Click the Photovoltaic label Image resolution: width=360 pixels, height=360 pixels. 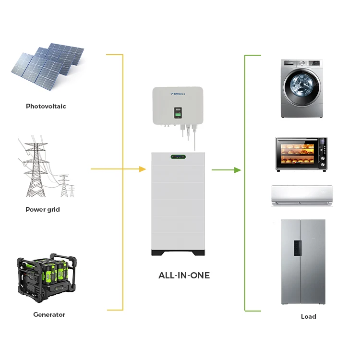pos(46,106)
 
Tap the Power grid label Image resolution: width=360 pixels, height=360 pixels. pos(43,209)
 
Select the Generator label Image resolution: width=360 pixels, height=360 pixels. pos(49,314)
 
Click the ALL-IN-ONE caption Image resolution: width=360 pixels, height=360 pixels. pos(184,276)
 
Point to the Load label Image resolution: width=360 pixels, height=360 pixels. pos(309,316)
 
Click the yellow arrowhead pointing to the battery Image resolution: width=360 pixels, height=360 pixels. pos(142,169)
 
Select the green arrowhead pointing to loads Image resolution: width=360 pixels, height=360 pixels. pos(237,170)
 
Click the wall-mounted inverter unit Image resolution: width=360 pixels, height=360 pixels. pos(178,106)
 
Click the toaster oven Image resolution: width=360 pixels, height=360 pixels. pos(301,154)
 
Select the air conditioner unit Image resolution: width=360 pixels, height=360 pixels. pos(302,196)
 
